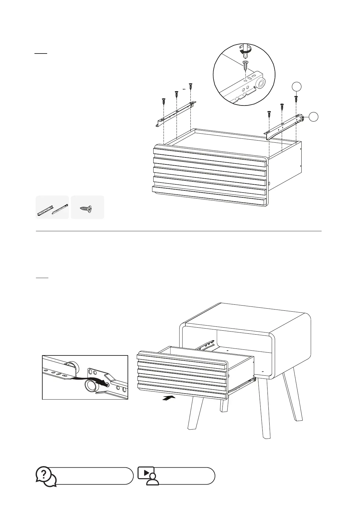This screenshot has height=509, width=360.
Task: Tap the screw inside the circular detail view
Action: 245,65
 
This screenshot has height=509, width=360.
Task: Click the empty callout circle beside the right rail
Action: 314,117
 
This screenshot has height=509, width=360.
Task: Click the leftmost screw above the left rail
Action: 164,101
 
